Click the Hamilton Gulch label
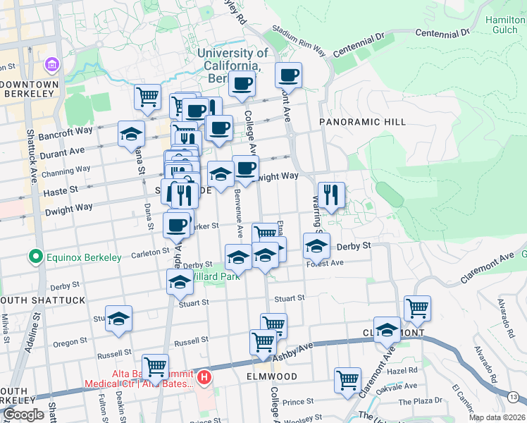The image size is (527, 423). point(505,25)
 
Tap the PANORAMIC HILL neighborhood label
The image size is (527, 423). point(362,122)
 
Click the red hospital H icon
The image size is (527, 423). point(204,378)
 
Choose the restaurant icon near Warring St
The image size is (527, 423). point(330,194)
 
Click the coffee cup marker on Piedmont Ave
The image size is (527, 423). point(288,75)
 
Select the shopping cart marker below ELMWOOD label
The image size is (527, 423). point(347,379)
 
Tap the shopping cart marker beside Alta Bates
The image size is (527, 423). point(155,366)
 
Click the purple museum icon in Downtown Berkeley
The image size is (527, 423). point(51,66)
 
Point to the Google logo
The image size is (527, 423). point(23,415)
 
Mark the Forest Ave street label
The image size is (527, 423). point(325,263)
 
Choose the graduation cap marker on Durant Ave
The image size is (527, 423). point(131,134)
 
